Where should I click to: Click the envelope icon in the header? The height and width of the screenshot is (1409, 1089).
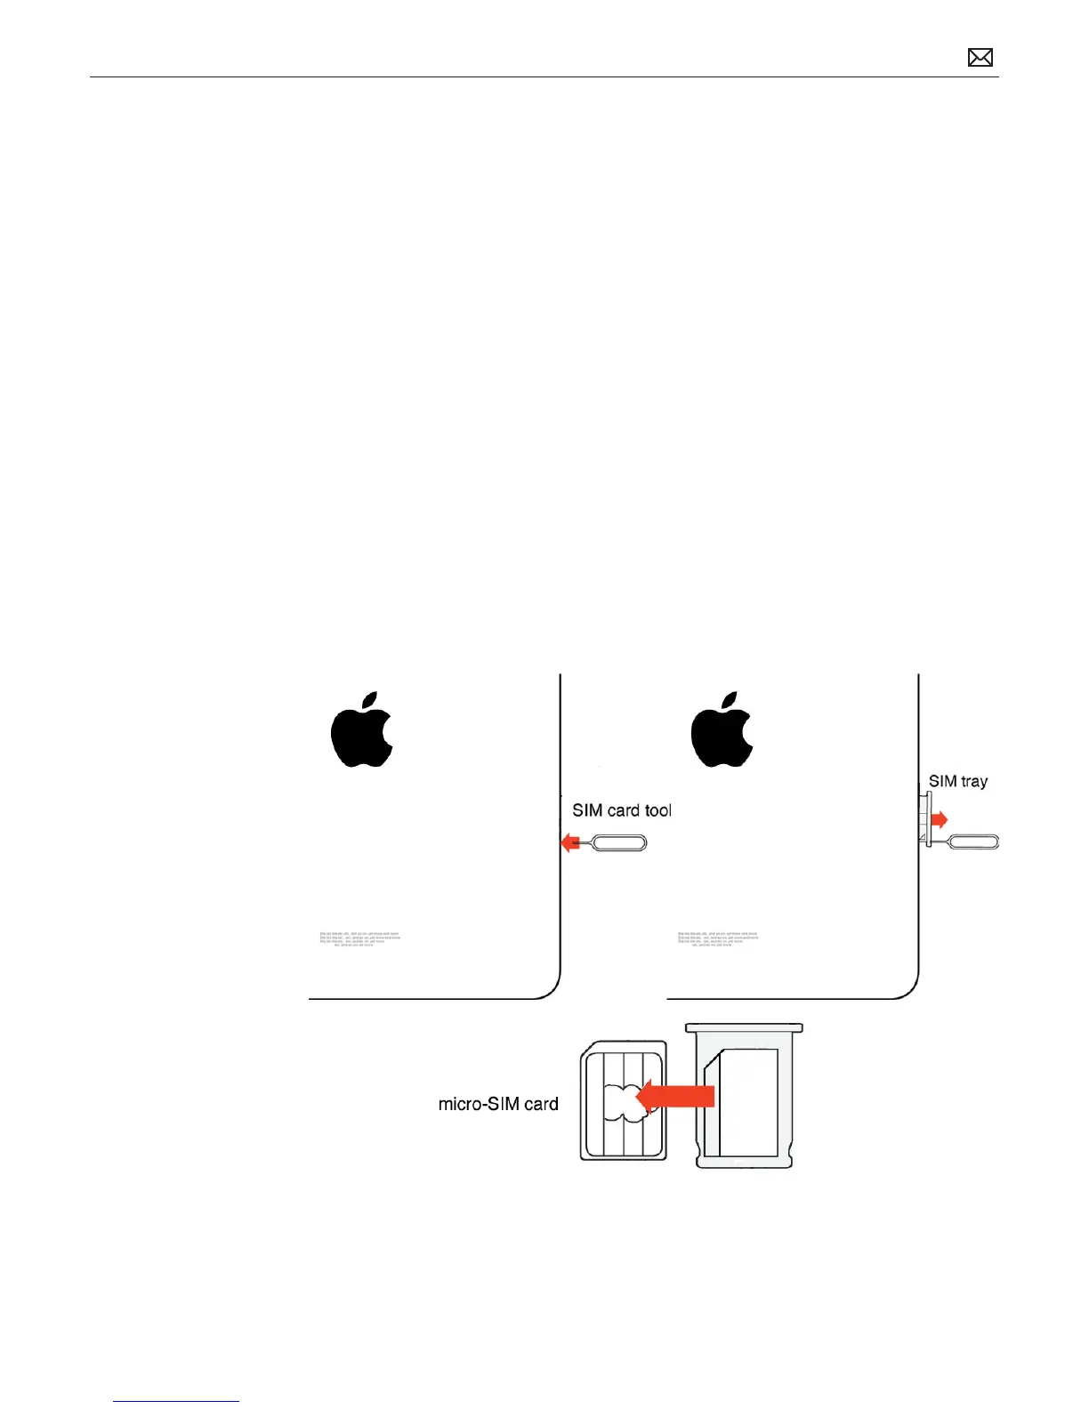980,58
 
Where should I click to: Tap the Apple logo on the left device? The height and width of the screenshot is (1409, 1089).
361,730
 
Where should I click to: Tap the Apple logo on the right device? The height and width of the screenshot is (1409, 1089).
722,730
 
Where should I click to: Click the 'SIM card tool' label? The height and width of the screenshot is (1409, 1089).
621,810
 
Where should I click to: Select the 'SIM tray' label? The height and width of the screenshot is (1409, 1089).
957,781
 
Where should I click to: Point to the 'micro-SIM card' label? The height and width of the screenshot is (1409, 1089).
498,1104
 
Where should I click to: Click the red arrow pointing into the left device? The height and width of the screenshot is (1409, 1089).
570,842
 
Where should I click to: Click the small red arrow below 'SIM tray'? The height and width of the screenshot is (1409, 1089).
940,819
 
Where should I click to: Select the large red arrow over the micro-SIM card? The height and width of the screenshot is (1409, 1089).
676,1096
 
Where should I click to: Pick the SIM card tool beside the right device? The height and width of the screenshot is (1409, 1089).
974,841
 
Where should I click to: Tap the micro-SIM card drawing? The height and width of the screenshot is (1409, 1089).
623,1101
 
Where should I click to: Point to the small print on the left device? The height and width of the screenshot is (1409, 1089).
359,938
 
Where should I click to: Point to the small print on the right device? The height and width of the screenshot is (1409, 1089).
718,938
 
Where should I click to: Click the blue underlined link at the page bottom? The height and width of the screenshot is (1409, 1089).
176,1401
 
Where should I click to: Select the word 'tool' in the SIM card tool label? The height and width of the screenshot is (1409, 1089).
657,810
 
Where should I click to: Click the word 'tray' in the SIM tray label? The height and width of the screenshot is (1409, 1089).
973,782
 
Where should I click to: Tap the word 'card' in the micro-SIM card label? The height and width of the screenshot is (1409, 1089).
541,1104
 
